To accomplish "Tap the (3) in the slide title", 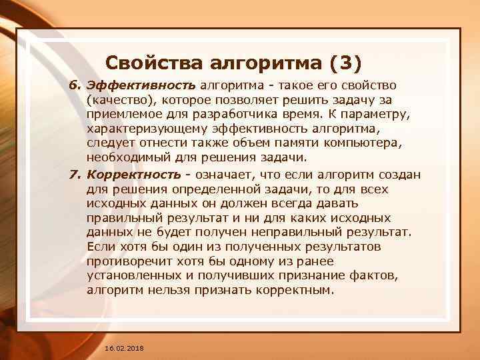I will point(344,63).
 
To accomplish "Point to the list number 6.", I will point(75,86).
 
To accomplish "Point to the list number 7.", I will point(75,174).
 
